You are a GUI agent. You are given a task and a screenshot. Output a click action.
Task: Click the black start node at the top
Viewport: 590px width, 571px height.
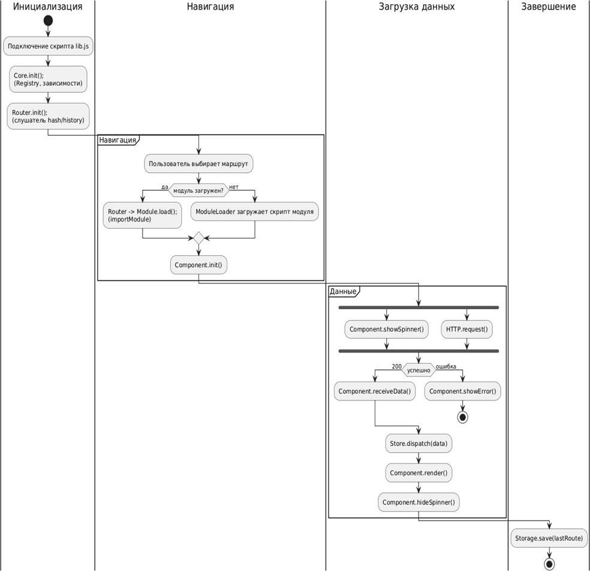pos(48,21)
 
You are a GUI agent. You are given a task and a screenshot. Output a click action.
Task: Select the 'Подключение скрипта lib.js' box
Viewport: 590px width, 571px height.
pos(48,46)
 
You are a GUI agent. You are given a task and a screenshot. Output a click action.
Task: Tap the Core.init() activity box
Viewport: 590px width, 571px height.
pos(48,79)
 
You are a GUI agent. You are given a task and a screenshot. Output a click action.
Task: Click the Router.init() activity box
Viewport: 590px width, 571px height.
pos(48,116)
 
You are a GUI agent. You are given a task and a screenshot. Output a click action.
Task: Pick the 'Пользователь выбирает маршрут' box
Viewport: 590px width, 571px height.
pos(198,163)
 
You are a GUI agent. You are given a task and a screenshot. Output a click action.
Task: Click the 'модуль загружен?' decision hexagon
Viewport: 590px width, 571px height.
pos(198,190)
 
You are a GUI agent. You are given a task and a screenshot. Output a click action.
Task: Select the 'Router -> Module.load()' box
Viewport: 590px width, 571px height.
pos(142,215)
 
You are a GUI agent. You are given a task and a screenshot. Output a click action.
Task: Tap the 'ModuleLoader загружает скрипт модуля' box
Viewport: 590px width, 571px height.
pos(254,212)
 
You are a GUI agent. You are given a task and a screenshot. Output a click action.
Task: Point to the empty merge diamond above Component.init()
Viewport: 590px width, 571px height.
pos(198,239)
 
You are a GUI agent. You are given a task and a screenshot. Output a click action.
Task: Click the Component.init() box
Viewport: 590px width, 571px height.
pos(198,265)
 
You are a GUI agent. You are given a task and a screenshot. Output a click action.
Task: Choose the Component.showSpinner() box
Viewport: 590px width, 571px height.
pos(386,329)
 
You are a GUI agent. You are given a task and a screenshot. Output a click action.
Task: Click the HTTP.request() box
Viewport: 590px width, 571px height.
pos(466,329)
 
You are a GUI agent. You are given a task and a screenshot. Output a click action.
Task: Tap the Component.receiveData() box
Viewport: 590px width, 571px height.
pos(375,391)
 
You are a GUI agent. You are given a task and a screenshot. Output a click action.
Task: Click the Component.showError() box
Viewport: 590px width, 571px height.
pos(462,391)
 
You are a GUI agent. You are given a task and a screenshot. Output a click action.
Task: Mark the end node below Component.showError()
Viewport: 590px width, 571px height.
pos(462,417)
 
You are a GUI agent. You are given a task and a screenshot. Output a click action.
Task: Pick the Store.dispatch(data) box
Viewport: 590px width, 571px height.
pos(419,444)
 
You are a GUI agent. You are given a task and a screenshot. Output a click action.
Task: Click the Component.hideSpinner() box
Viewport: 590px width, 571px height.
pos(419,502)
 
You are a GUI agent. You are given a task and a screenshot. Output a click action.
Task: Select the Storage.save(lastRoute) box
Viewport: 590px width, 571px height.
pos(549,538)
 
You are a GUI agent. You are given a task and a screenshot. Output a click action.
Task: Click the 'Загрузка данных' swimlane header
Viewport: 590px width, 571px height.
pos(417,7)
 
